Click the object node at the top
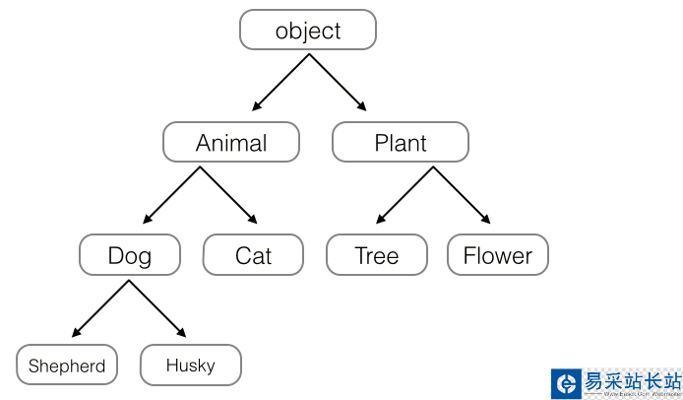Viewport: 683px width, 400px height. tap(308, 31)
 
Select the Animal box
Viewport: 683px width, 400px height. tap(231, 143)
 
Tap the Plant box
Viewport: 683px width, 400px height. tap(401, 143)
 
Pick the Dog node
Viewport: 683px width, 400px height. tap(130, 256)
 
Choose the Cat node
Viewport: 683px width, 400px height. tap(253, 256)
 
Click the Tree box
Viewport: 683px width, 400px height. tap(377, 256)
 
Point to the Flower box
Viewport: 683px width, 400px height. tap(497, 256)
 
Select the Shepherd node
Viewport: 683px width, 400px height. tap(67, 366)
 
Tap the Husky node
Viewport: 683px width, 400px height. tap(190, 366)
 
